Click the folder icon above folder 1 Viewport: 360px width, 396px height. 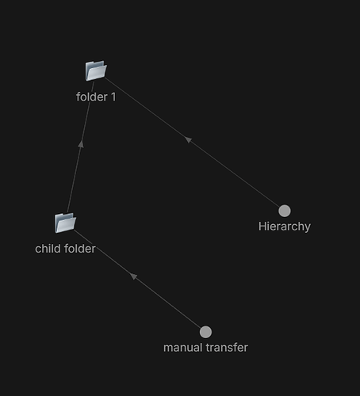pos(96,70)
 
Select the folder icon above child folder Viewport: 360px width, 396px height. pos(65,223)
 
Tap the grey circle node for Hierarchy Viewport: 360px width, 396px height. pos(285,211)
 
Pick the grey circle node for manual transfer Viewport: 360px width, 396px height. pos(205,332)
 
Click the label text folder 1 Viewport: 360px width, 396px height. pos(96,97)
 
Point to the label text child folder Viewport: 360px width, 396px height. pos(65,249)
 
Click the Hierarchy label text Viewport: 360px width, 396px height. pos(285,227)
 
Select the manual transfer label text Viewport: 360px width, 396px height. pos(205,348)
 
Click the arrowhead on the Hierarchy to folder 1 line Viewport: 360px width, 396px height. pos(188,139)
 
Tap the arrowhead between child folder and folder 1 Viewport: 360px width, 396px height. pos(81,144)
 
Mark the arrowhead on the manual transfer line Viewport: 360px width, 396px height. pos(133,276)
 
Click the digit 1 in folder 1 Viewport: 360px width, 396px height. pos(113,97)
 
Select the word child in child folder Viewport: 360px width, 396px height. pos(48,249)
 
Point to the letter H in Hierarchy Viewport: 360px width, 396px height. pos(262,227)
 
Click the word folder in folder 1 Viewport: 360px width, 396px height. pos(92,97)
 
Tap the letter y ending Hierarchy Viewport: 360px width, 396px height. pos(308,228)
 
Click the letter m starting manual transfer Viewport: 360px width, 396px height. pos(168,349)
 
